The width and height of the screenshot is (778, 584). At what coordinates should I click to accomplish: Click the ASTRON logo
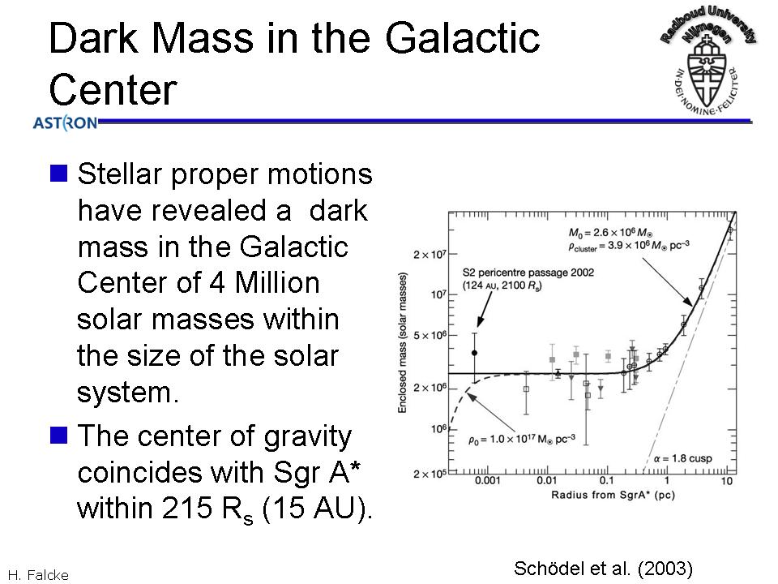coord(65,122)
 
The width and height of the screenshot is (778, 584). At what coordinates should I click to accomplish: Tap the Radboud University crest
coord(707,62)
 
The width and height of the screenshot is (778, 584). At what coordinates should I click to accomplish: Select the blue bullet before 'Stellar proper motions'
coord(58,174)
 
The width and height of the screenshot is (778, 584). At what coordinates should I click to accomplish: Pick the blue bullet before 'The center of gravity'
coord(58,435)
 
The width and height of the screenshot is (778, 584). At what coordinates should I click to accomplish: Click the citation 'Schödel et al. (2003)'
coord(603,568)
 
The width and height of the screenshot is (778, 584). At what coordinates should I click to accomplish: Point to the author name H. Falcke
coord(38,575)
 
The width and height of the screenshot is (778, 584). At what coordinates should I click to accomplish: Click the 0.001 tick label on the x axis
coord(488,481)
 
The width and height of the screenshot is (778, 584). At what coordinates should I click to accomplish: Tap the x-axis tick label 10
coord(726,481)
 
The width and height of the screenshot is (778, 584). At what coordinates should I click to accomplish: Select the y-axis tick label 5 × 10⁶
coord(430,336)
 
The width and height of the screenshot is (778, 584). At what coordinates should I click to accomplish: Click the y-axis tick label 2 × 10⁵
coord(430,474)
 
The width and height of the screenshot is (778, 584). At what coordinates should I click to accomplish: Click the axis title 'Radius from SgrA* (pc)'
coord(613,495)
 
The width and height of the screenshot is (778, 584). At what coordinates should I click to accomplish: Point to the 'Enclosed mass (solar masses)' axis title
coord(403,342)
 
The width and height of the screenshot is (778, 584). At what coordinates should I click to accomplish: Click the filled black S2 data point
coord(474,353)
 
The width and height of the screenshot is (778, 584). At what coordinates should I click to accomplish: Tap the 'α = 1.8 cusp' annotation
coord(682,458)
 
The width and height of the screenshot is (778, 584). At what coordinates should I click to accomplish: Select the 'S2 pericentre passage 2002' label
coord(528,273)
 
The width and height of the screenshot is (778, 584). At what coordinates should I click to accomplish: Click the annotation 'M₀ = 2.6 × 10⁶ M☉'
coord(610,233)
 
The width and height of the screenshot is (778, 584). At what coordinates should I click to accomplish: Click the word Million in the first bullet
coord(277,282)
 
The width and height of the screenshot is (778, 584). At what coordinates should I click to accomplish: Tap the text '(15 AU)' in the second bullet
coord(316,509)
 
